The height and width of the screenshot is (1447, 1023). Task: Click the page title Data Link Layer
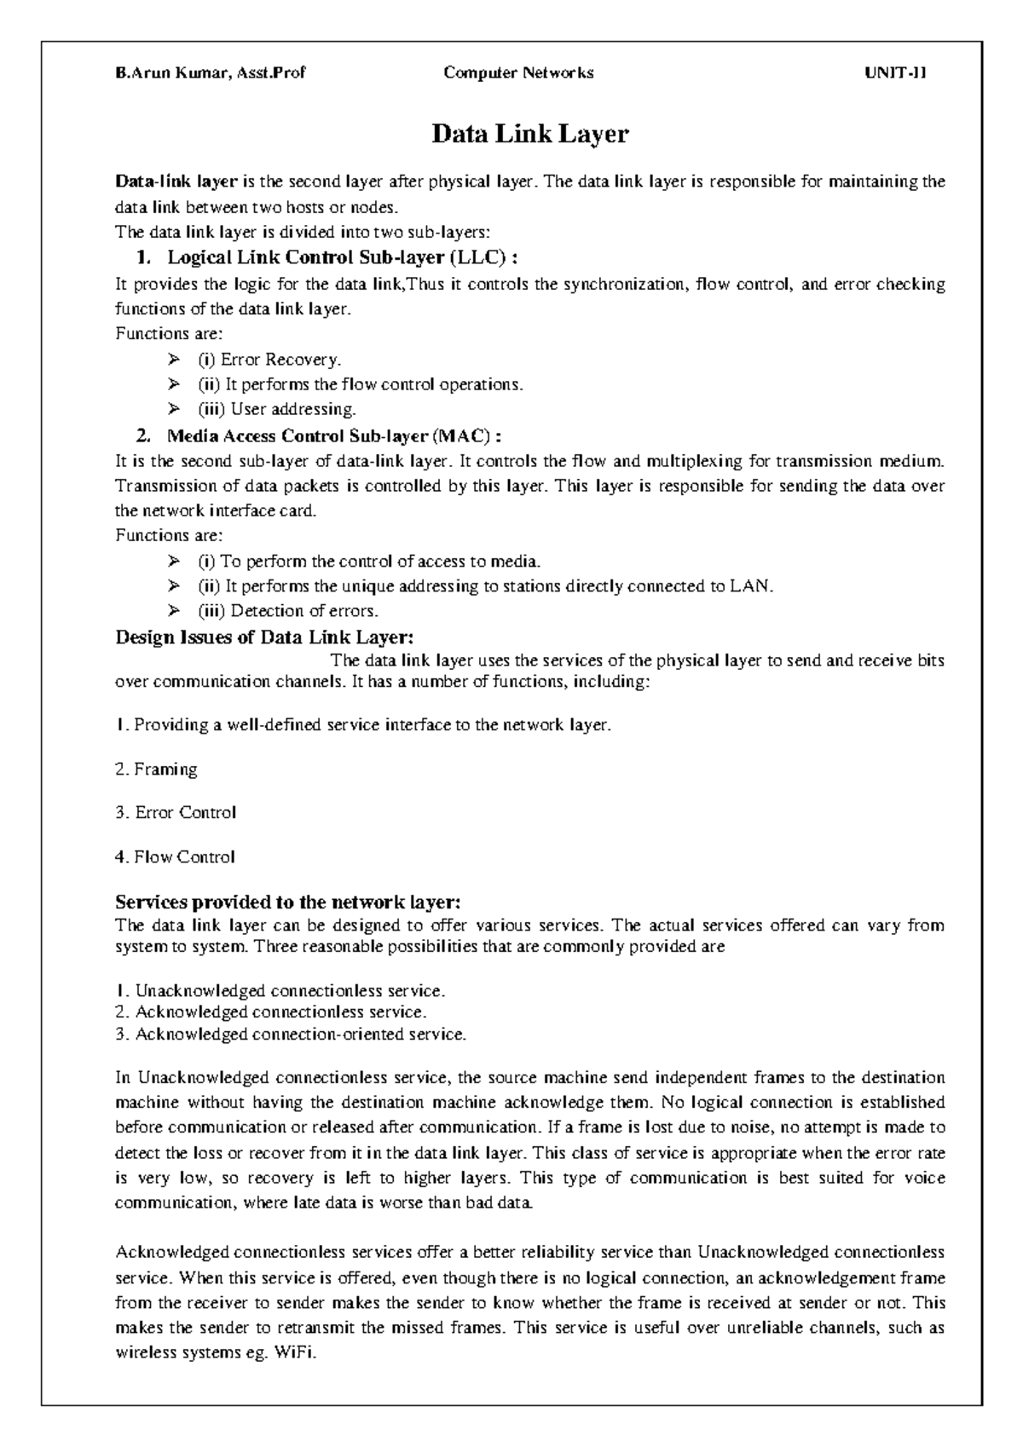[530, 135]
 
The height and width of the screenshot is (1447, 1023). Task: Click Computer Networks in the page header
[518, 73]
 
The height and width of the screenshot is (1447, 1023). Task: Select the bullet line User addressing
[276, 409]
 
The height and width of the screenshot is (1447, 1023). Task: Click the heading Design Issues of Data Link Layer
[265, 637]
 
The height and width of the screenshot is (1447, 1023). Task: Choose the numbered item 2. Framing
[156, 770]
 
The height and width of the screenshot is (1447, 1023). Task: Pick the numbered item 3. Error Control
[175, 813]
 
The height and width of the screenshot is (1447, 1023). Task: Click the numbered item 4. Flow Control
[174, 857]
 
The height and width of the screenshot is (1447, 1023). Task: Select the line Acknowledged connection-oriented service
[291, 1035]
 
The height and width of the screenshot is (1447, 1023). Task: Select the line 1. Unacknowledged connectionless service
[280, 991]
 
